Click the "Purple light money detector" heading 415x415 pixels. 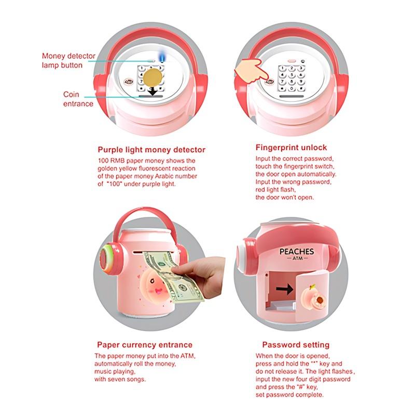click(x=151, y=150)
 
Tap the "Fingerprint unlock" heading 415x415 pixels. click(x=291, y=148)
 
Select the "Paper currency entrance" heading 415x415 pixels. click(x=145, y=345)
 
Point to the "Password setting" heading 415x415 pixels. click(x=296, y=345)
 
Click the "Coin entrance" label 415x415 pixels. click(x=78, y=99)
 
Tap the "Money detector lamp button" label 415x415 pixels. click(x=68, y=61)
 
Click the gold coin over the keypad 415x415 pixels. click(x=153, y=77)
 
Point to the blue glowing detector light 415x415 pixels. click(x=161, y=57)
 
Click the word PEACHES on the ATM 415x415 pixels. click(x=297, y=252)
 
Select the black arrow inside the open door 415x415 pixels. click(x=284, y=289)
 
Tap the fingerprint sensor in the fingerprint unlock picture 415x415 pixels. click(x=269, y=82)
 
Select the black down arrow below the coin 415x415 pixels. click(x=153, y=91)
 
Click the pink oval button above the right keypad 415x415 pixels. click(x=292, y=61)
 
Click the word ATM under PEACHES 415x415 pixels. click(x=297, y=258)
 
